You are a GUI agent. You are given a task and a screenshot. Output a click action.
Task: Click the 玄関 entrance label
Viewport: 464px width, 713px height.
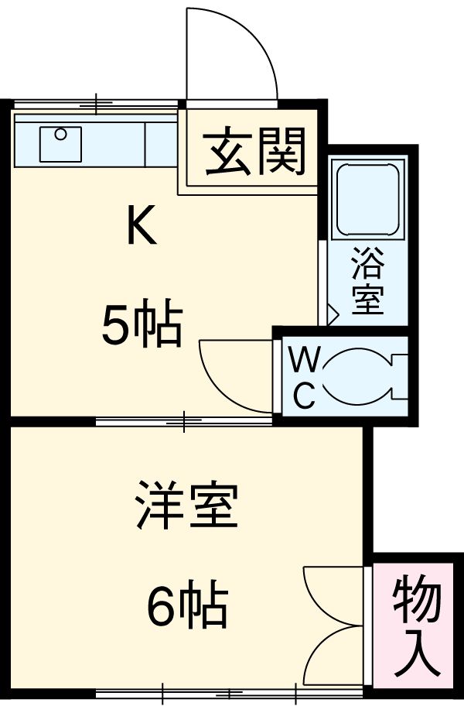coord(255,153)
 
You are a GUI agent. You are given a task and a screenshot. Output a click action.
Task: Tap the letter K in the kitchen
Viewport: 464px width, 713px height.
coord(142,225)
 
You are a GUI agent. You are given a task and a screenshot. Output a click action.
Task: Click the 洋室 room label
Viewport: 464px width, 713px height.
coord(187,506)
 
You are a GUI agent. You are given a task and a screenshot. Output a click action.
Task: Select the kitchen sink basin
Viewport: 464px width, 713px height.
coord(60,142)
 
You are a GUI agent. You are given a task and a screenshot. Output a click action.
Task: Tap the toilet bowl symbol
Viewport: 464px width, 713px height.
coord(352,377)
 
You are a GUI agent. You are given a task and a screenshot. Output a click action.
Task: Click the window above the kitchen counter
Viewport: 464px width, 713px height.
coord(97,103)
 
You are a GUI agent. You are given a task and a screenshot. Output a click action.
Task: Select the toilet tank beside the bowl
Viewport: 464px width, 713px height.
coord(399,377)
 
